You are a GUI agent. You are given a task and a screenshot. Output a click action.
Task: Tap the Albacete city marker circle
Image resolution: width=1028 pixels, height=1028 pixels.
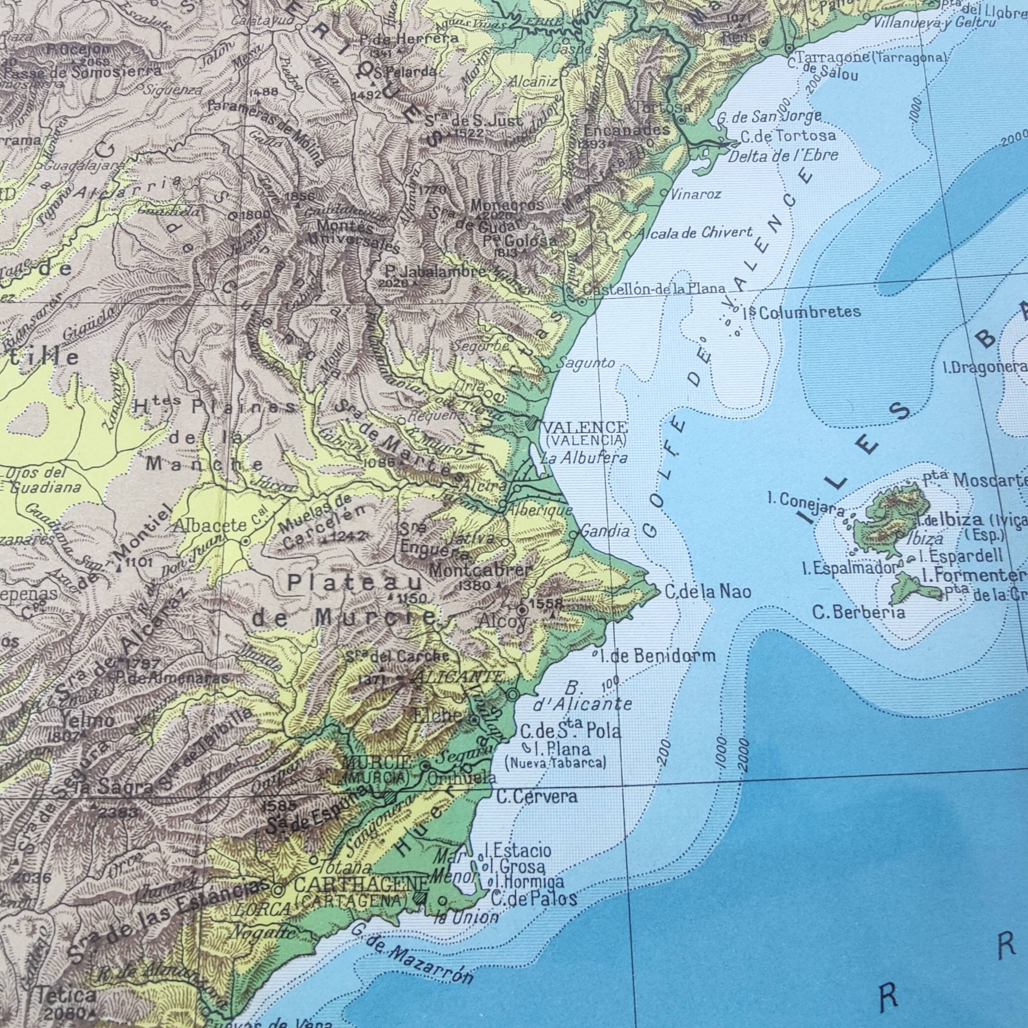click(x=245, y=541)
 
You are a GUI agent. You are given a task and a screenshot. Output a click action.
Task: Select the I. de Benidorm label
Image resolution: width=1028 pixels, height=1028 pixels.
click(x=657, y=656)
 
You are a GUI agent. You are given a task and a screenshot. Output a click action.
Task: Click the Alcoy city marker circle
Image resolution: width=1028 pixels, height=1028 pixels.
click(x=522, y=610)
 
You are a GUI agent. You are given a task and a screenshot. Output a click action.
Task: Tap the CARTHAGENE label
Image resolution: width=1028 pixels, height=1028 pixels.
click(x=361, y=884)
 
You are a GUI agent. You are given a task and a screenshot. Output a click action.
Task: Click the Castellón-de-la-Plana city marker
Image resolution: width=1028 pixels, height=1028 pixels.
click(x=582, y=302)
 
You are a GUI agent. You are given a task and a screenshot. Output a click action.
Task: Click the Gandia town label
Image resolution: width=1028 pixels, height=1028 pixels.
click(x=605, y=530)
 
